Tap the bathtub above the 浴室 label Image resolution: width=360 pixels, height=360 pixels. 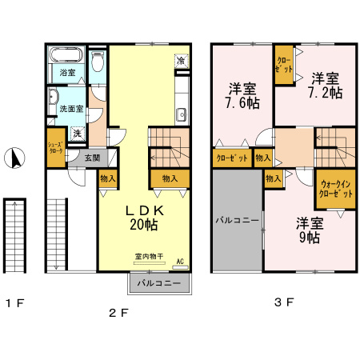(x=66, y=57)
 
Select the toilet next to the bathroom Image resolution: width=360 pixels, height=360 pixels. (x=98, y=62)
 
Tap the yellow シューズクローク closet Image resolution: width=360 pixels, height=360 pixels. (x=54, y=148)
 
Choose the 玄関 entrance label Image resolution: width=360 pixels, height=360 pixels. (x=92, y=158)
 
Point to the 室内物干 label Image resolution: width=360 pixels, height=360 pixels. (x=148, y=258)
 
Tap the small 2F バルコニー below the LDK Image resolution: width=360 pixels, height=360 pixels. (x=158, y=283)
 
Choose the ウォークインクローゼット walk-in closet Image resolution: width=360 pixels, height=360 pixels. (x=334, y=189)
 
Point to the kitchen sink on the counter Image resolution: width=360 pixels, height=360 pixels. (x=181, y=112)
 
